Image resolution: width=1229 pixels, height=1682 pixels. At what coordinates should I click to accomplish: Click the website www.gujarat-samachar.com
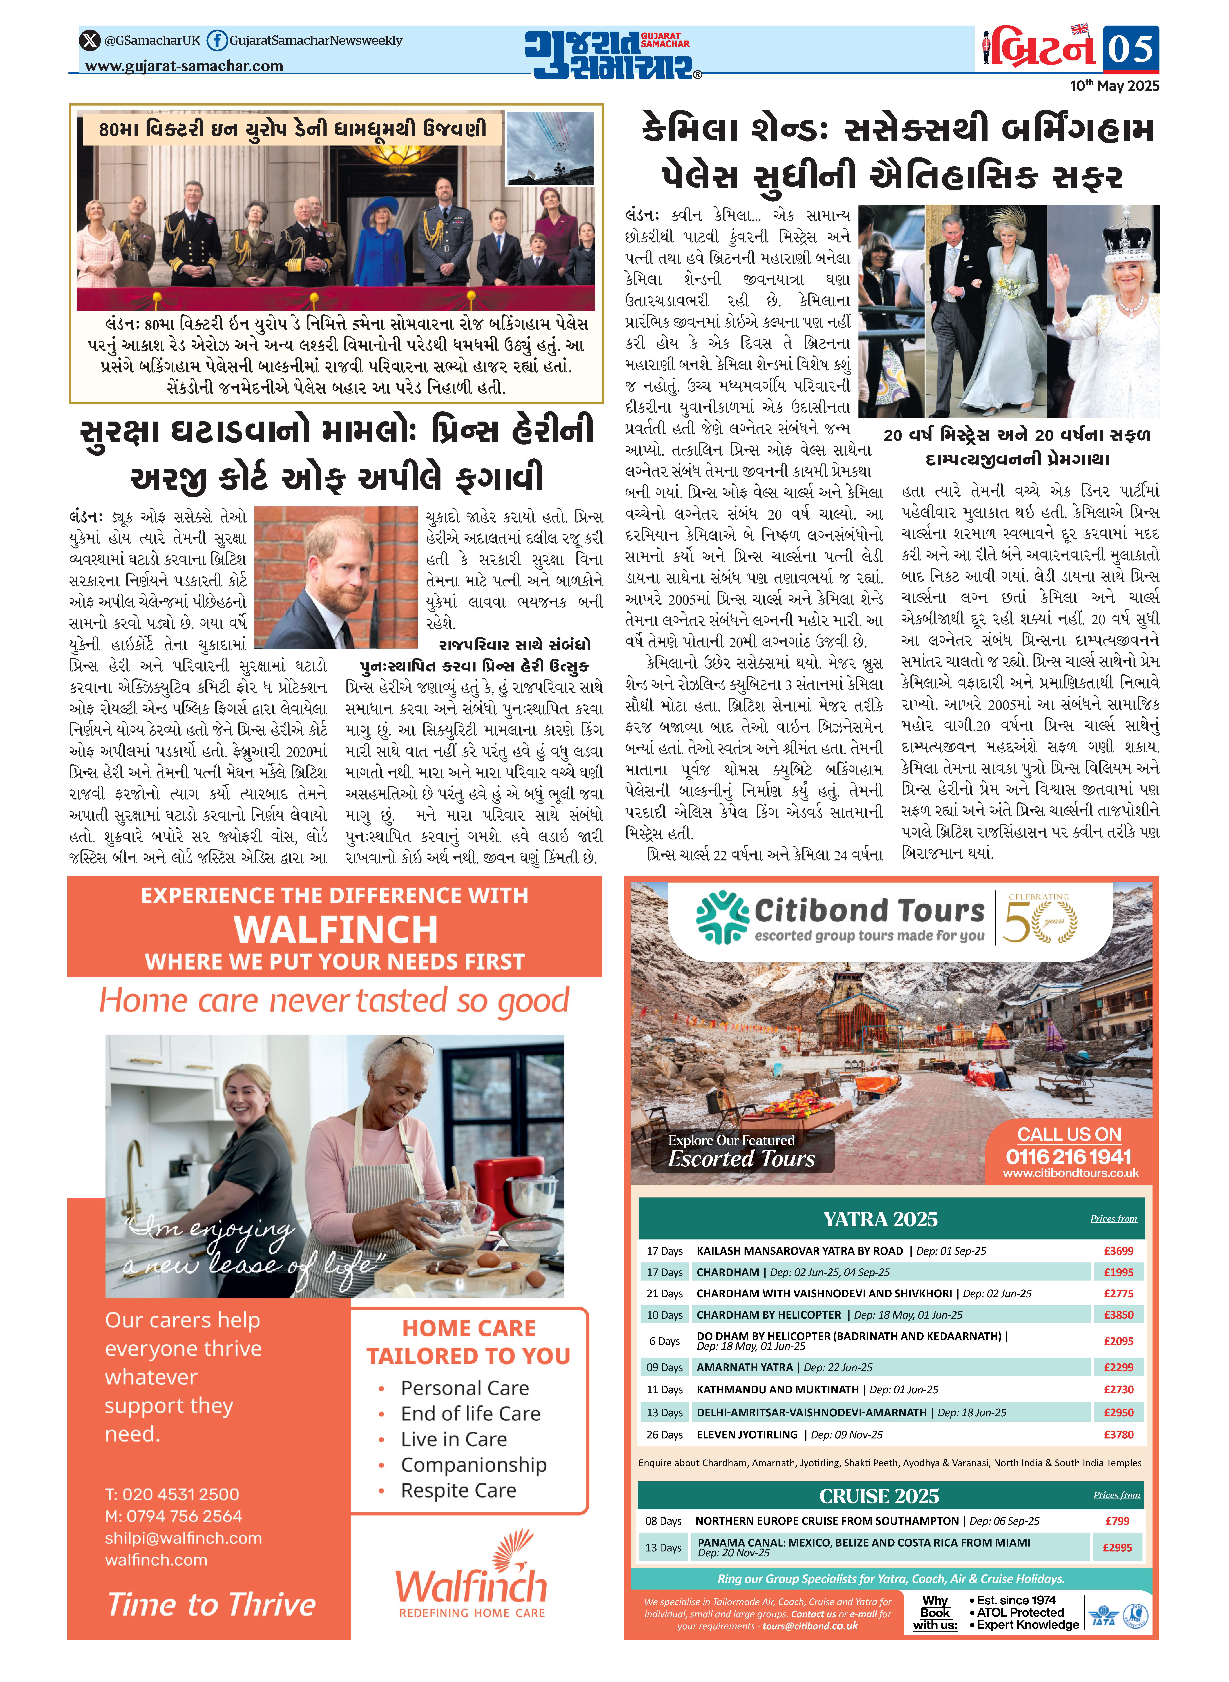(184, 66)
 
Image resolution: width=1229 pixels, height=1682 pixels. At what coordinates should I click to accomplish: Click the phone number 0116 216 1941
(1068, 1157)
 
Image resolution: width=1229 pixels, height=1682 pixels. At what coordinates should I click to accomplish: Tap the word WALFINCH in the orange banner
(335, 929)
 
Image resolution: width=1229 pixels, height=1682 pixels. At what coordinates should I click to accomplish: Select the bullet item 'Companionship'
(473, 1465)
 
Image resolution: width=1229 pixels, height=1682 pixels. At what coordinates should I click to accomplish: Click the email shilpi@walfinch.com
(183, 1538)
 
